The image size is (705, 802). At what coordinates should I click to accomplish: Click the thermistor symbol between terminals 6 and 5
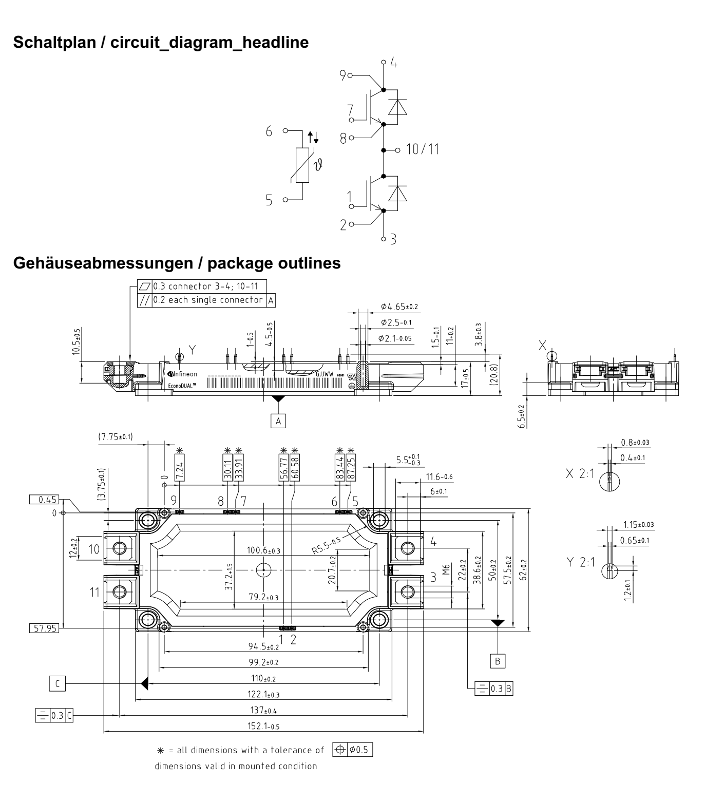coord(302,165)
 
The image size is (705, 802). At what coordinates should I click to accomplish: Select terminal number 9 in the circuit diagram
coord(342,75)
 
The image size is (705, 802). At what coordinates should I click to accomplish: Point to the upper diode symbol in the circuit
coord(396,107)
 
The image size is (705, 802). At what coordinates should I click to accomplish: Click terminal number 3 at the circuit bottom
coord(393,239)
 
